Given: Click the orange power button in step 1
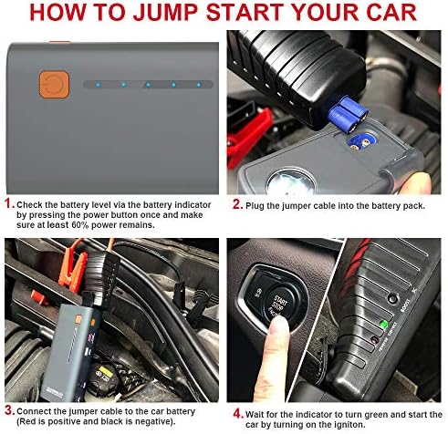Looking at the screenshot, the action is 54,85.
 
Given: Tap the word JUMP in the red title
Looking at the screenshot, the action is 167,13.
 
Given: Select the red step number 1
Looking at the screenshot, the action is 9,203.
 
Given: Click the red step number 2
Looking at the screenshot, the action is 237,204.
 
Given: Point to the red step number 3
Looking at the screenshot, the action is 9,410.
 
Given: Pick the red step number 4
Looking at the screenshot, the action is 238,413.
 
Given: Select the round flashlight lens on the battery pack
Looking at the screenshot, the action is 291,182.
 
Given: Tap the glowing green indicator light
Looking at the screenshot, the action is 383,325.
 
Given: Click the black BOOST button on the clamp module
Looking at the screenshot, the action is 392,298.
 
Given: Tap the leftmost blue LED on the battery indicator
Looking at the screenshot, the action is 98,85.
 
